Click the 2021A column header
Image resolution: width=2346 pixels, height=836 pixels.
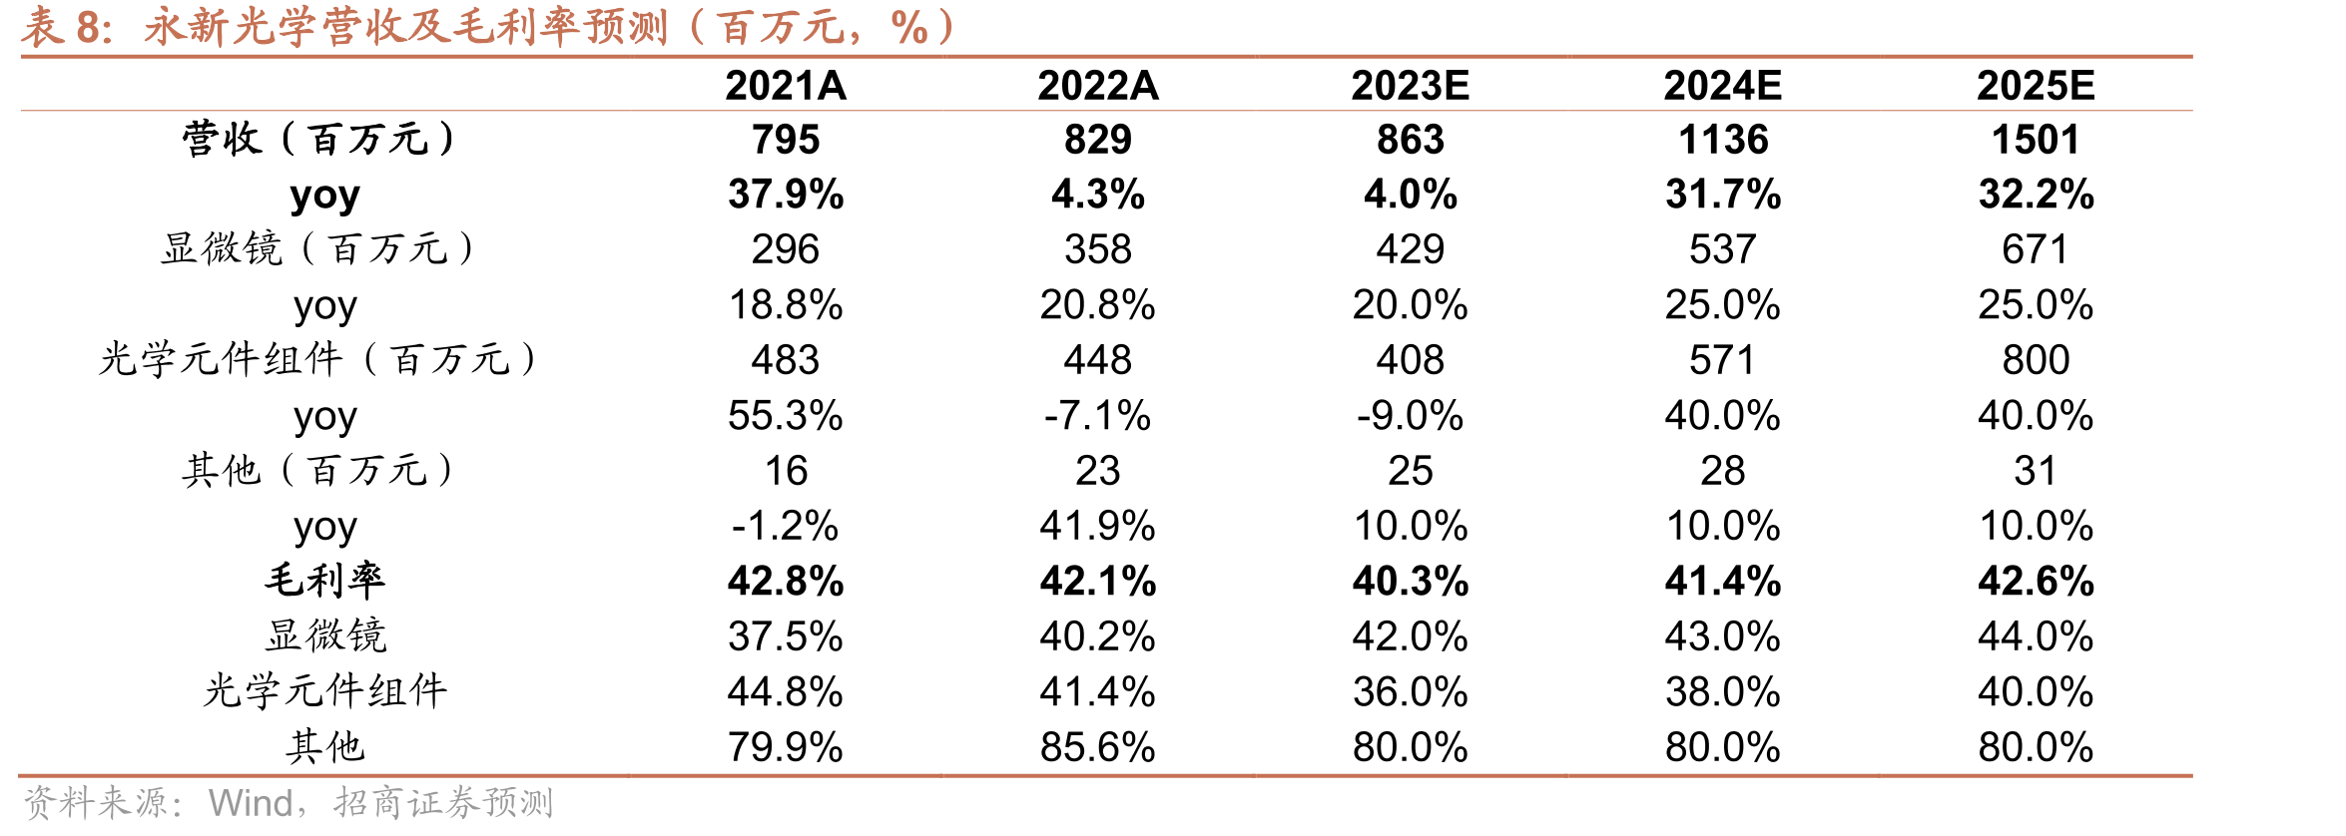[786, 86]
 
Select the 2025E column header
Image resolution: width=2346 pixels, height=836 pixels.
[2036, 86]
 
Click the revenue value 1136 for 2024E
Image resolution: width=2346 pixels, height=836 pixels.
[1723, 140]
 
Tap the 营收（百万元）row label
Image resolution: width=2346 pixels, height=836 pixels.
[319, 139]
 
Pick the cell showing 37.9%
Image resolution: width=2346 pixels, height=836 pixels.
[786, 195]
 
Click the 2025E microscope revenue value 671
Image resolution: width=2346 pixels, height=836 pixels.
[2036, 249]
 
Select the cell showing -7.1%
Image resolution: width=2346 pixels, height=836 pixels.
[1098, 416]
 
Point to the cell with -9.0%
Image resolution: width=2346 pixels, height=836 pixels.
[1411, 416]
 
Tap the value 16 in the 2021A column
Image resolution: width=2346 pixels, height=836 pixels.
[786, 471]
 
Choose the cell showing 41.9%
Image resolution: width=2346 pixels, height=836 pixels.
[1098, 526]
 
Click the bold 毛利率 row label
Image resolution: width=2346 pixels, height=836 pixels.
[325, 581]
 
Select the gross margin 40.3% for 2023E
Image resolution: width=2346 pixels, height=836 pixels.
[1411, 582]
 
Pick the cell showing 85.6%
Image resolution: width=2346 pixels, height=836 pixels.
[1098, 747]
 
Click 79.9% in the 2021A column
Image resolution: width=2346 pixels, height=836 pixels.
[786, 747]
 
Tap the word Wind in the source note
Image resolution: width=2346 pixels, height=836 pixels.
[251, 803]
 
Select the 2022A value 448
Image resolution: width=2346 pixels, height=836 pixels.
[1098, 360]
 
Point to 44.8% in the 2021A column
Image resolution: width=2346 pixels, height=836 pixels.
[786, 692]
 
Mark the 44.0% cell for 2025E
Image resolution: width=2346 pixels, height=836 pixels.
[2036, 636]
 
